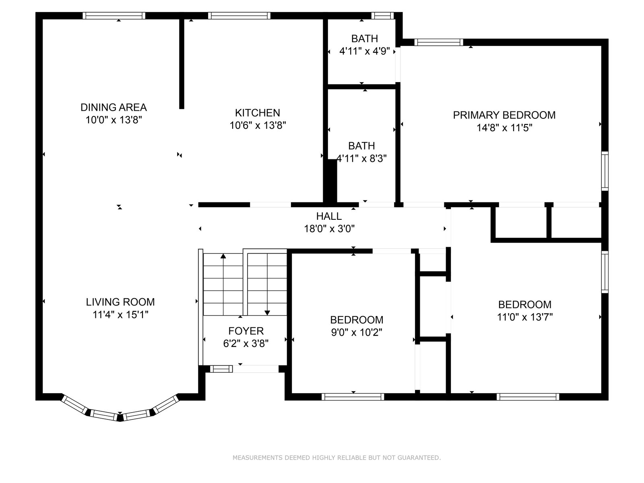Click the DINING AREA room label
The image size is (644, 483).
point(114,107)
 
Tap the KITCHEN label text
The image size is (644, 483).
point(257,113)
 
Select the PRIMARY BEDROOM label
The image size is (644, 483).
point(504,115)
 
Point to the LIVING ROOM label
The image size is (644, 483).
point(120,302)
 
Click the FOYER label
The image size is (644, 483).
point(246,331)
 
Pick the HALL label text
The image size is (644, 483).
point(329,216)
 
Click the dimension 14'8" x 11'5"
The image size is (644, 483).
point(504,128)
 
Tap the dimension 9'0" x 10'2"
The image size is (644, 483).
point(357,332)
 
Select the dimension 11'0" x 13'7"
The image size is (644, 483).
point(524,317)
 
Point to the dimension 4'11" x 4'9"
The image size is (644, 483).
point(364,52)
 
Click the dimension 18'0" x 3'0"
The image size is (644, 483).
point(329,229)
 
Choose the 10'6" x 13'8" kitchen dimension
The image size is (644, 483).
point(257,126)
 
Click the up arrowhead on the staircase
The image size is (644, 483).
point(223,256)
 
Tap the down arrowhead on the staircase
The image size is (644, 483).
point(267,313)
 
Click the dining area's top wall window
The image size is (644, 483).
point(114,16)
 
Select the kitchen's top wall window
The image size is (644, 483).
point(239,16)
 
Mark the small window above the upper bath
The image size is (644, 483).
point(383,16)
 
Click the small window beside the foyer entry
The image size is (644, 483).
point(221,369)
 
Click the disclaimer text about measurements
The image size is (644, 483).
point(336,458)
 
